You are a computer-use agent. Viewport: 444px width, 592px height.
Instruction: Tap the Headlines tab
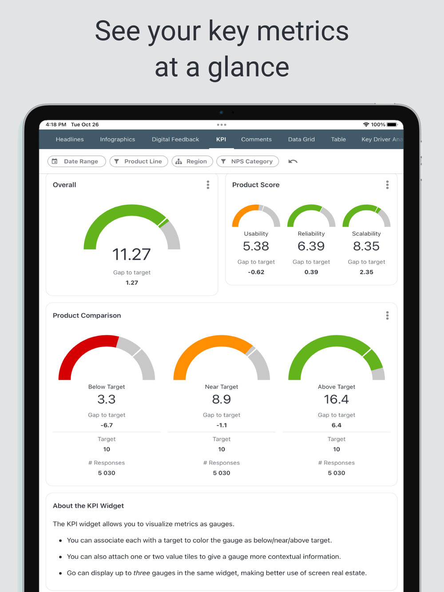[70, 139]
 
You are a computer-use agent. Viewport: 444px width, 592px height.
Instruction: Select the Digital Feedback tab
[175, 139]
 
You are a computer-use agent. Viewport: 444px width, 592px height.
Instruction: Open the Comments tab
[256, 139]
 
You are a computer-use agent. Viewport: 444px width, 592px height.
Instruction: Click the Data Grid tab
[301, 139]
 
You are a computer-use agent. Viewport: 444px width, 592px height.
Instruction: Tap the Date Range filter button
[76, 162]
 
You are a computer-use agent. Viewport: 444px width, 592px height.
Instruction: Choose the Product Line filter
[139, 162]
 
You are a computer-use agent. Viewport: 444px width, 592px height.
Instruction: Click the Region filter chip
[192, 162]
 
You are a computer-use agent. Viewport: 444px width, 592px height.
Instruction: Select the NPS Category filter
[247, 162]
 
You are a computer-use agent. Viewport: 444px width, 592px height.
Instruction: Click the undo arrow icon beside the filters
[293, 162]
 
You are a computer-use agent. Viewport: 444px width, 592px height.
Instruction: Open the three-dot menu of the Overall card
[208, 185]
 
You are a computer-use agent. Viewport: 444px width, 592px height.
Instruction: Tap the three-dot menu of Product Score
[387, 185]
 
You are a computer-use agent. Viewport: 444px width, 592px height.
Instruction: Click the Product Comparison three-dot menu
[387, 316]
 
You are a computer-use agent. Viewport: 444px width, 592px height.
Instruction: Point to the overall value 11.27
[131, 254]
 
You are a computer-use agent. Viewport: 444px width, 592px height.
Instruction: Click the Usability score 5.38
[256, 246]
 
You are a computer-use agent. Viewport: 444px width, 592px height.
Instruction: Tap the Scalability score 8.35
[366, 246]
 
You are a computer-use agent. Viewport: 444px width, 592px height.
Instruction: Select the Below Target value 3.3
[107, 399]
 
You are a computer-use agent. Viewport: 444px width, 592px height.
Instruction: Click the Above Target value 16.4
[337, 399]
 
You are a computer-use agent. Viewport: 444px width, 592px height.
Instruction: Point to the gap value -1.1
[222, 425]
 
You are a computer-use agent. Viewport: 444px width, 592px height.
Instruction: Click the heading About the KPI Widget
[88, 506]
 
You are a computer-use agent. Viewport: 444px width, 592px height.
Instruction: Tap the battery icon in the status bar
[392, 125]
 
